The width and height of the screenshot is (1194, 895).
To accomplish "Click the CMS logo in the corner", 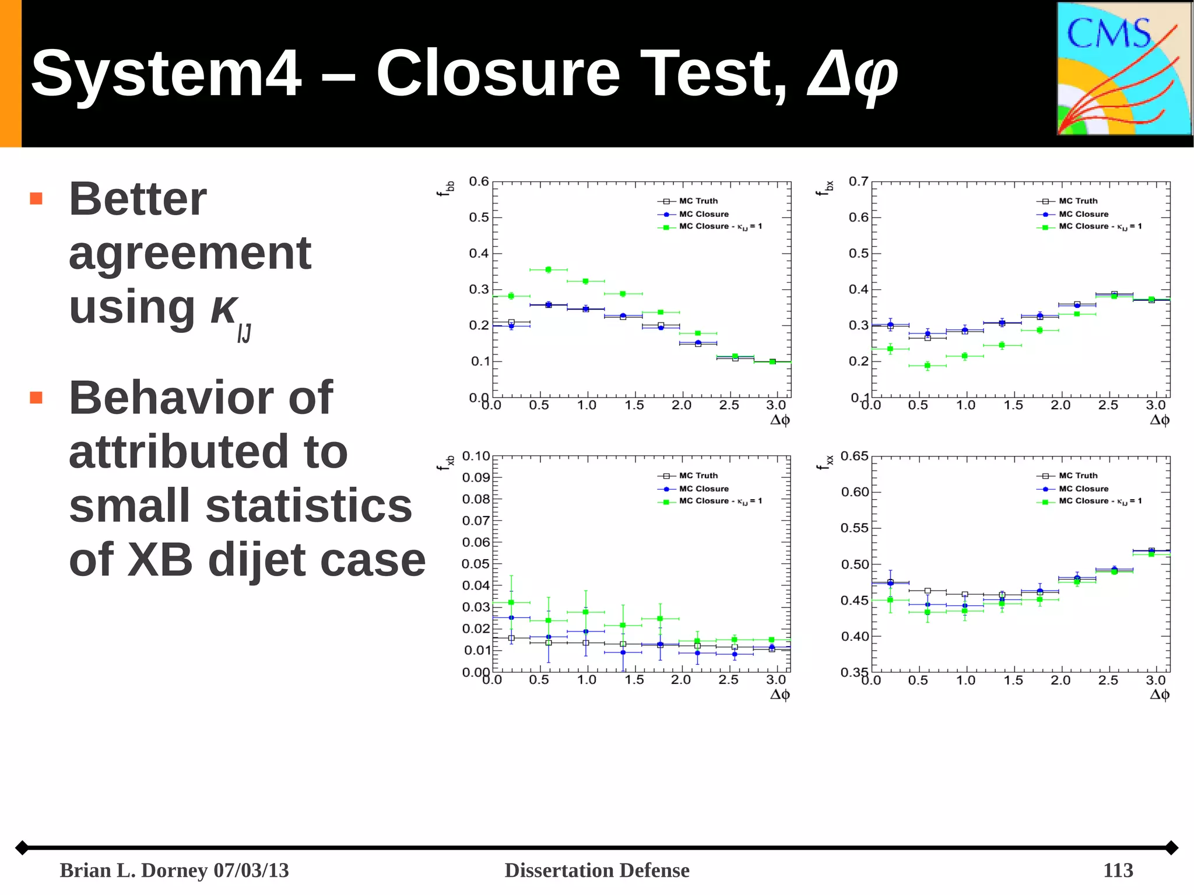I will coord(1123,69).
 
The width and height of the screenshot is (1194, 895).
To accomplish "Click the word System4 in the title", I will coord(166,74).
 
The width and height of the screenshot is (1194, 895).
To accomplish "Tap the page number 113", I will coord(1118,871).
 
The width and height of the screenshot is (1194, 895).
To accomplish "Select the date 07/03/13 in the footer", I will coord(251,871).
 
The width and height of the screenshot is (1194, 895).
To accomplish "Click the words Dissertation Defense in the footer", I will coord(596,871).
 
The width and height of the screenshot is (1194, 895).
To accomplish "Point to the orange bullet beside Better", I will coord(36,199).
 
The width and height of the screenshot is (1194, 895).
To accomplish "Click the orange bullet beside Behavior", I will coord(36,398).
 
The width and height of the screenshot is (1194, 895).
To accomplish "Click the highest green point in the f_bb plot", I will coord(548,269).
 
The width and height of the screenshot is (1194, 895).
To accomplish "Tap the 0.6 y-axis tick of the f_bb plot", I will coord(479,182).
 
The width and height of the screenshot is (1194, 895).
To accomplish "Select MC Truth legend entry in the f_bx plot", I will coord(1077,201).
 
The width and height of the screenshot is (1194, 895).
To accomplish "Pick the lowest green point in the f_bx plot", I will coord(928,366).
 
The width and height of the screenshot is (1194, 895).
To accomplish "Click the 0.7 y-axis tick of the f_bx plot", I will coord(858,182).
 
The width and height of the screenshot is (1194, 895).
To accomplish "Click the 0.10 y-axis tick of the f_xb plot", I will coord(476,456).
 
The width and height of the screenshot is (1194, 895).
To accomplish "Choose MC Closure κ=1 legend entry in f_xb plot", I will coord(719,501).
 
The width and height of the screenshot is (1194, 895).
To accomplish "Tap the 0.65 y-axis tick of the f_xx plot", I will coord(855,456).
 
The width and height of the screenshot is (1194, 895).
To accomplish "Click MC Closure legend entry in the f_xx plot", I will coord(1083,489).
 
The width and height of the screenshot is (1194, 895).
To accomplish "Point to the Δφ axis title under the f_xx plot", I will coord(1159,694).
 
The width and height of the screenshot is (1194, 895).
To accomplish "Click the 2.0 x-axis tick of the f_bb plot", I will coord(681,405).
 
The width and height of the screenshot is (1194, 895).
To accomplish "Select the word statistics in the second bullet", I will coord(309,506).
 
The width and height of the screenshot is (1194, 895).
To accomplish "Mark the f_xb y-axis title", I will coord(447,463).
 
